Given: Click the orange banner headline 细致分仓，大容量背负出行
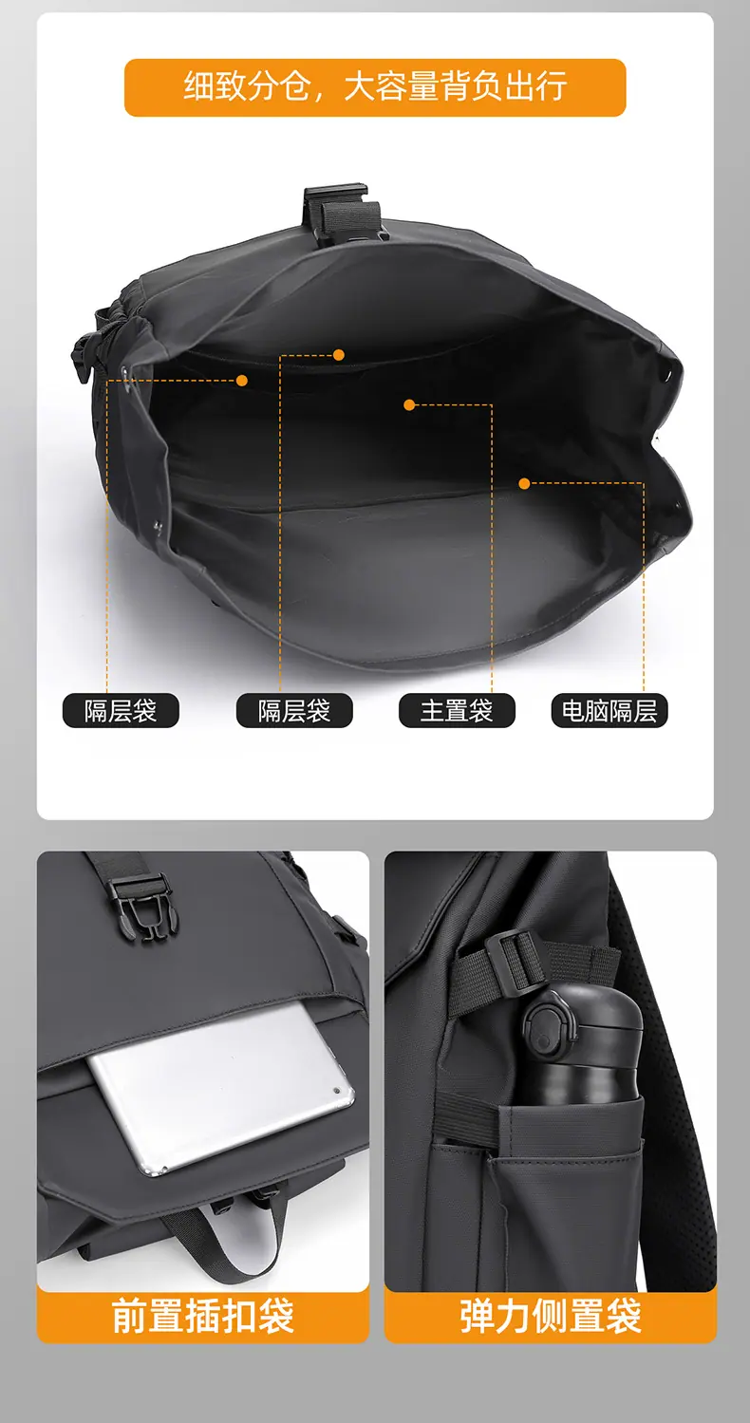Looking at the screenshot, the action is coord(375,86).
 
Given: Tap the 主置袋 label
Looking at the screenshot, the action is coord(457,710).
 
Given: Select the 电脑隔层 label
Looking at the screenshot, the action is coord(609,710).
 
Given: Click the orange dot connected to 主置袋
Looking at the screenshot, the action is coord(409,404).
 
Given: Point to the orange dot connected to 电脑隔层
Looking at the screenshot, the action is coord(524,483).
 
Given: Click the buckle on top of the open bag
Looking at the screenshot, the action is coord(345,213).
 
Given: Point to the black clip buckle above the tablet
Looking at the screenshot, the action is coord(144,905).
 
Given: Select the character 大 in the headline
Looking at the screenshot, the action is coord(360,86).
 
